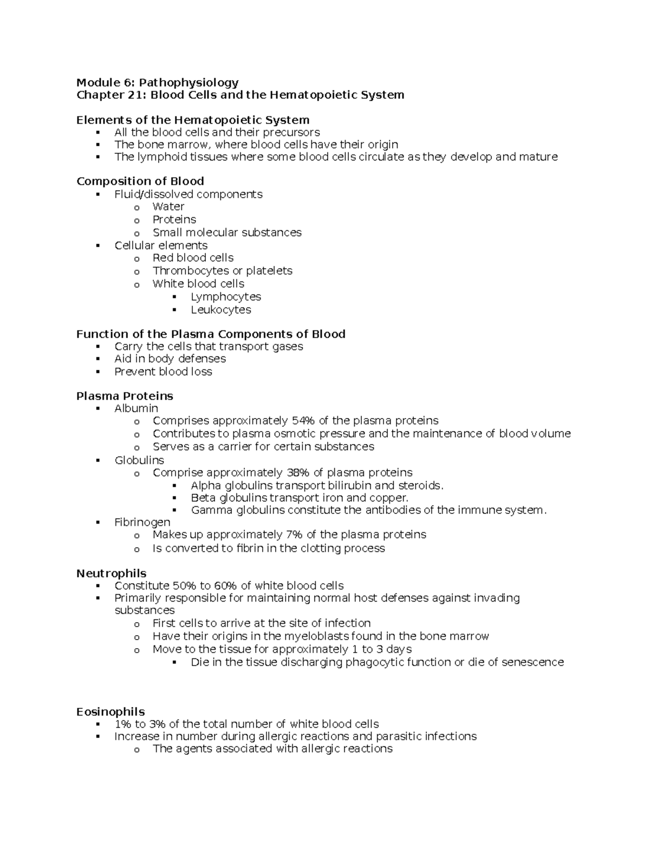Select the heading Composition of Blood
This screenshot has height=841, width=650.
click(x=140, y=181)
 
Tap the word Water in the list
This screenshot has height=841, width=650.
click(x=168, y=207)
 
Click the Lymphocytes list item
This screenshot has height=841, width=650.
click(x=226, y=297)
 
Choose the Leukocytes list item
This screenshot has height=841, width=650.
click(x=221, y=310)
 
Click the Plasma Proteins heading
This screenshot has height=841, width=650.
click(x=125, y=396)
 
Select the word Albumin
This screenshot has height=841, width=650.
click(x=136, y=408)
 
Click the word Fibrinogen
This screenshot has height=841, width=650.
click(x=142, y=523)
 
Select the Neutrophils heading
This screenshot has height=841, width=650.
click(x=112, y=573)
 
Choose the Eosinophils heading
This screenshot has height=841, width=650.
click(x=110, y=712)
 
